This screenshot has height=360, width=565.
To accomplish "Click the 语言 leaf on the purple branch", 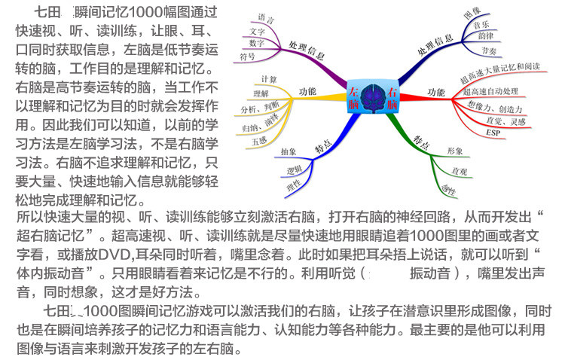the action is (x=266, y=17).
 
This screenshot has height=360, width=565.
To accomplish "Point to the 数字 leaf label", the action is (x=256, y=43).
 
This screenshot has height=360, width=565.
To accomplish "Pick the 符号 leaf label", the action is (x=248, y=56).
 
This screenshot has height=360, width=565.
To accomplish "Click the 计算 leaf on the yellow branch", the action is (x=268, y=79).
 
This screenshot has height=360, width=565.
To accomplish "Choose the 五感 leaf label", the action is (x=261, y=140).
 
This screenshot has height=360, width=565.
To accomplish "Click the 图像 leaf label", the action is (x=472, y=14).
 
